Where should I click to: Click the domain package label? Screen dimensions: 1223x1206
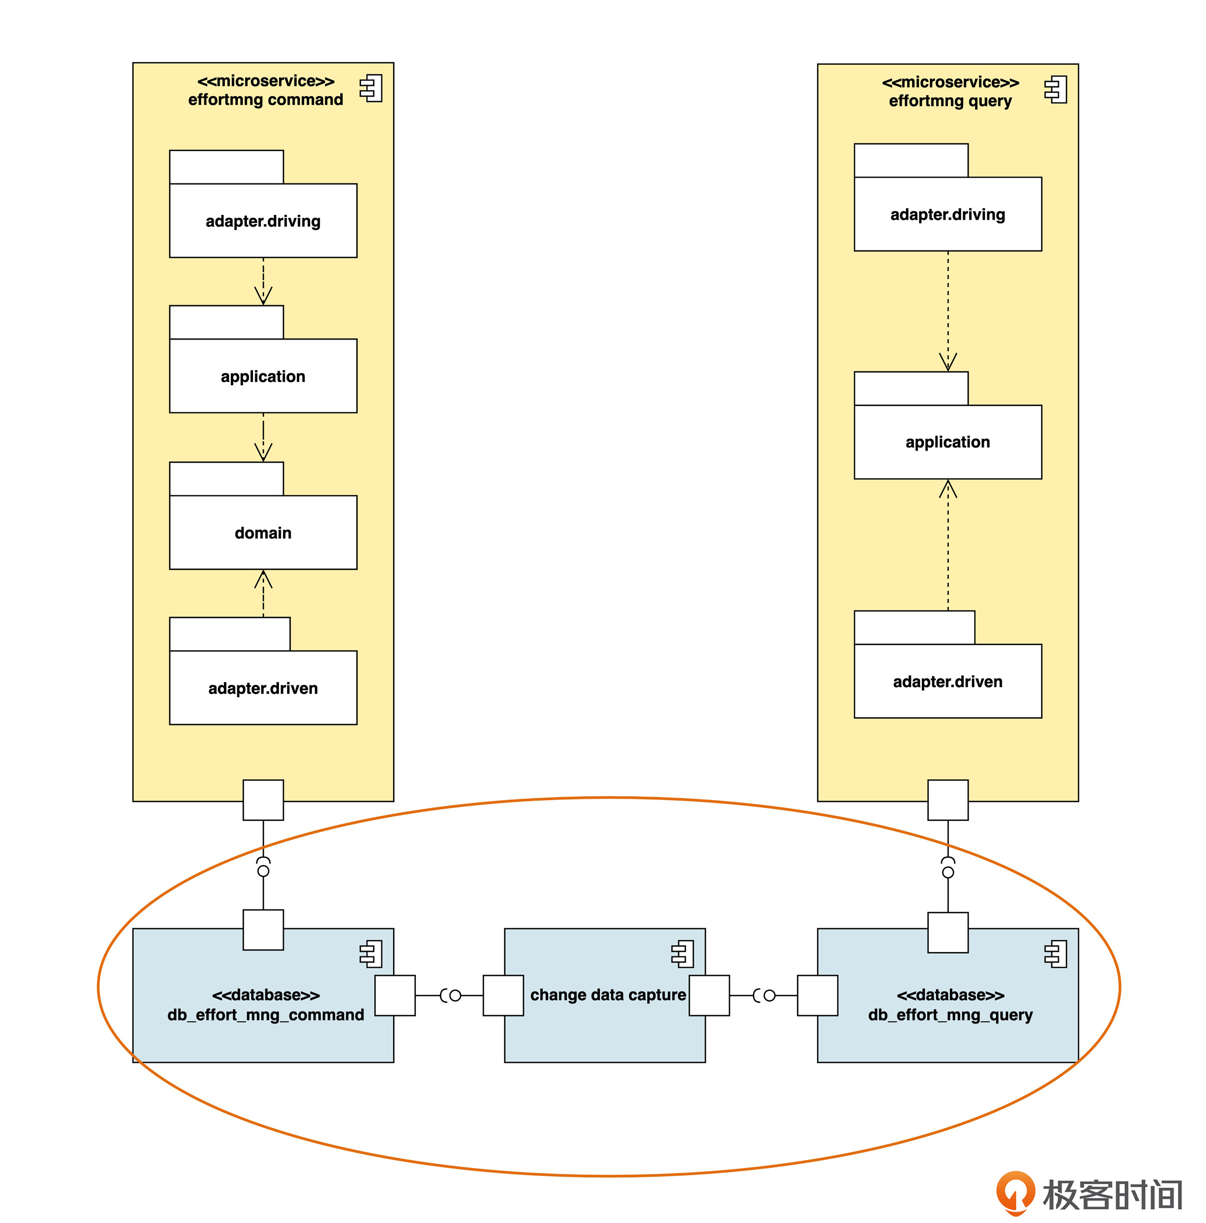263,533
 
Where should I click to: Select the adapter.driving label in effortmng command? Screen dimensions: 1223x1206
263,221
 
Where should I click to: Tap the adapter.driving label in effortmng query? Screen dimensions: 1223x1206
947,215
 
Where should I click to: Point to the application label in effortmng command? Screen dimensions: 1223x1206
263,377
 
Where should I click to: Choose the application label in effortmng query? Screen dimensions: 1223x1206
947,442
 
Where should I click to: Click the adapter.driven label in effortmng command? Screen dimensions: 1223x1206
263,688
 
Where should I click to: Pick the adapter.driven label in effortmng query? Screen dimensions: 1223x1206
947,682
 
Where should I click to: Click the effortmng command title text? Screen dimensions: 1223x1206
265,99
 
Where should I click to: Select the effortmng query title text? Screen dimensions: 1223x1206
950,100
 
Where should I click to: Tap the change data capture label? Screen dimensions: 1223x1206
607,995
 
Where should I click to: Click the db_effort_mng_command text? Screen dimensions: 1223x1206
265,1015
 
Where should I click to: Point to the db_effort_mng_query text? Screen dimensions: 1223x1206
950,1015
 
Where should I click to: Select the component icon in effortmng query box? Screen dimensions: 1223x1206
1056,89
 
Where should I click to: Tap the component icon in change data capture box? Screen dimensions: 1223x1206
682,954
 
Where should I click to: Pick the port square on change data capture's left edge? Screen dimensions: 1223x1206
503,996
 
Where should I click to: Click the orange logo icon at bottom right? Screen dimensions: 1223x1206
1015,1193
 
